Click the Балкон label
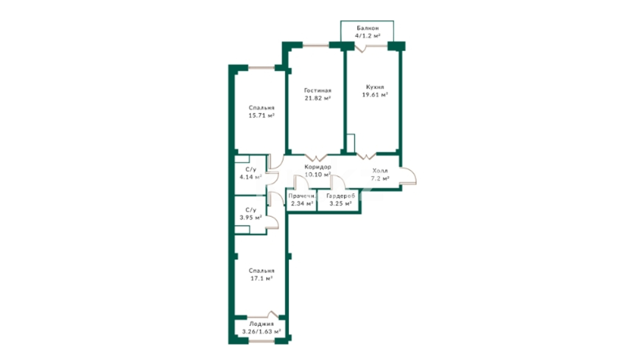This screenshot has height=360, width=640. (x=367, y=28)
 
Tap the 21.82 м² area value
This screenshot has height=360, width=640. (x=318, y=98)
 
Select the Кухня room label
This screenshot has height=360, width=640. (x=375, y=87)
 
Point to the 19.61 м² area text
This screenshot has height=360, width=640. (x=375, y=95)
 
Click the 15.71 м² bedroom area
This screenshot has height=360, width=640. (x=261, y=115)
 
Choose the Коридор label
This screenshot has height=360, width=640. (x=318, y=167)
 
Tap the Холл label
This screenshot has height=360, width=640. (x=380, y=171)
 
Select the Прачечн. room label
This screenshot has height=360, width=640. (x=302, y=196)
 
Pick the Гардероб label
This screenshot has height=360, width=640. (x=340, y=196)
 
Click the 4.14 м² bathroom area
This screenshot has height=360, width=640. (x=251, y=177)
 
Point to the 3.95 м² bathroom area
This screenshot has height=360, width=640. (x=251, y=217)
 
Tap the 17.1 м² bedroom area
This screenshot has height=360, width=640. (x=262, y=278)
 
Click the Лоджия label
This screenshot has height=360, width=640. (x=261, y=324)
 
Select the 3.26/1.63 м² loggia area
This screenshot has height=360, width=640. (x=261, y=332)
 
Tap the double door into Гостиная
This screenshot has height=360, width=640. (x=316, y=158)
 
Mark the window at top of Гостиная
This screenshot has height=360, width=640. (x=316, y=45)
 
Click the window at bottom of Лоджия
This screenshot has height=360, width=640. (x=262, y=341)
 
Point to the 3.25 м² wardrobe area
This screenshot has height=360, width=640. (x=340, y=203)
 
